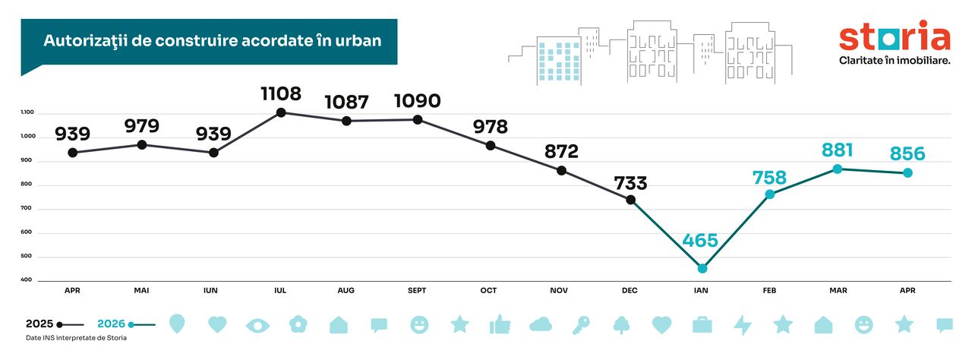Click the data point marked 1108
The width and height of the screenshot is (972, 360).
click(281, 112)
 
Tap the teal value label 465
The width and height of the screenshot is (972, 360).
click(700, 240)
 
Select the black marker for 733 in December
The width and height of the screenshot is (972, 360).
click(631, 200)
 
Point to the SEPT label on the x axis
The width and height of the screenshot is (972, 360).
click(417, 291)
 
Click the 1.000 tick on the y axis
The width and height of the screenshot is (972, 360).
click(28, 136)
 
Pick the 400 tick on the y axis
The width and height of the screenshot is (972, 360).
click(26, 279)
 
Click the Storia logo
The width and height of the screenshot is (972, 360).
click(895, 42)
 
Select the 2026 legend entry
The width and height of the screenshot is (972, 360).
click(126, 324)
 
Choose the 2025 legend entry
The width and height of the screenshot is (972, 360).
click(55, 324)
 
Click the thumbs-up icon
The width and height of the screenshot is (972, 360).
click(500, 324)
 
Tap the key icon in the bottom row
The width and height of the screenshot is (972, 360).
click(581, 325)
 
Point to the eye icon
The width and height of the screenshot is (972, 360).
click(257, 326)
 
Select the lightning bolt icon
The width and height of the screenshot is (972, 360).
click(743, 325)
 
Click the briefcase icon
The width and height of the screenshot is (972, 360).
click(702, 325)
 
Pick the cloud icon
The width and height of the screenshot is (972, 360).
click(541, 324)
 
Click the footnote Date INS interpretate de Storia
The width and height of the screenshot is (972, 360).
click(77, 338)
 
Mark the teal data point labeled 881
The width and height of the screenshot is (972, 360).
click(838, 169)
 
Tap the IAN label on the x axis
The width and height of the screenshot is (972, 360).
click(701, 291)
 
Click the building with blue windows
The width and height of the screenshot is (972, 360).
click(559, 61)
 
